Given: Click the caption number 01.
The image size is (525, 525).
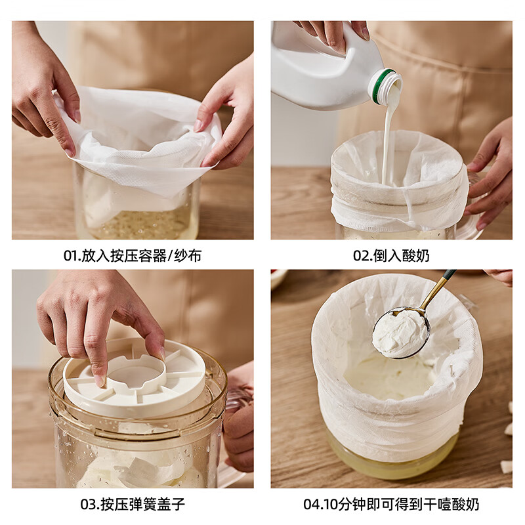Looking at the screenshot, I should pos(71,255).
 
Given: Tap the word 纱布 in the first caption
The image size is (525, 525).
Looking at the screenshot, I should pos(188,255).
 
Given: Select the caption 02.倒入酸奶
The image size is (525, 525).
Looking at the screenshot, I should pos(391,255).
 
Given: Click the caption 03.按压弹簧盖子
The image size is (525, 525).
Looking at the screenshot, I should pos(133,504).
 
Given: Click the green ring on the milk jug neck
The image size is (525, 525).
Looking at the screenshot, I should pos(378,86).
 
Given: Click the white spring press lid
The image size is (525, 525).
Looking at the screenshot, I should pos(135,377).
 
